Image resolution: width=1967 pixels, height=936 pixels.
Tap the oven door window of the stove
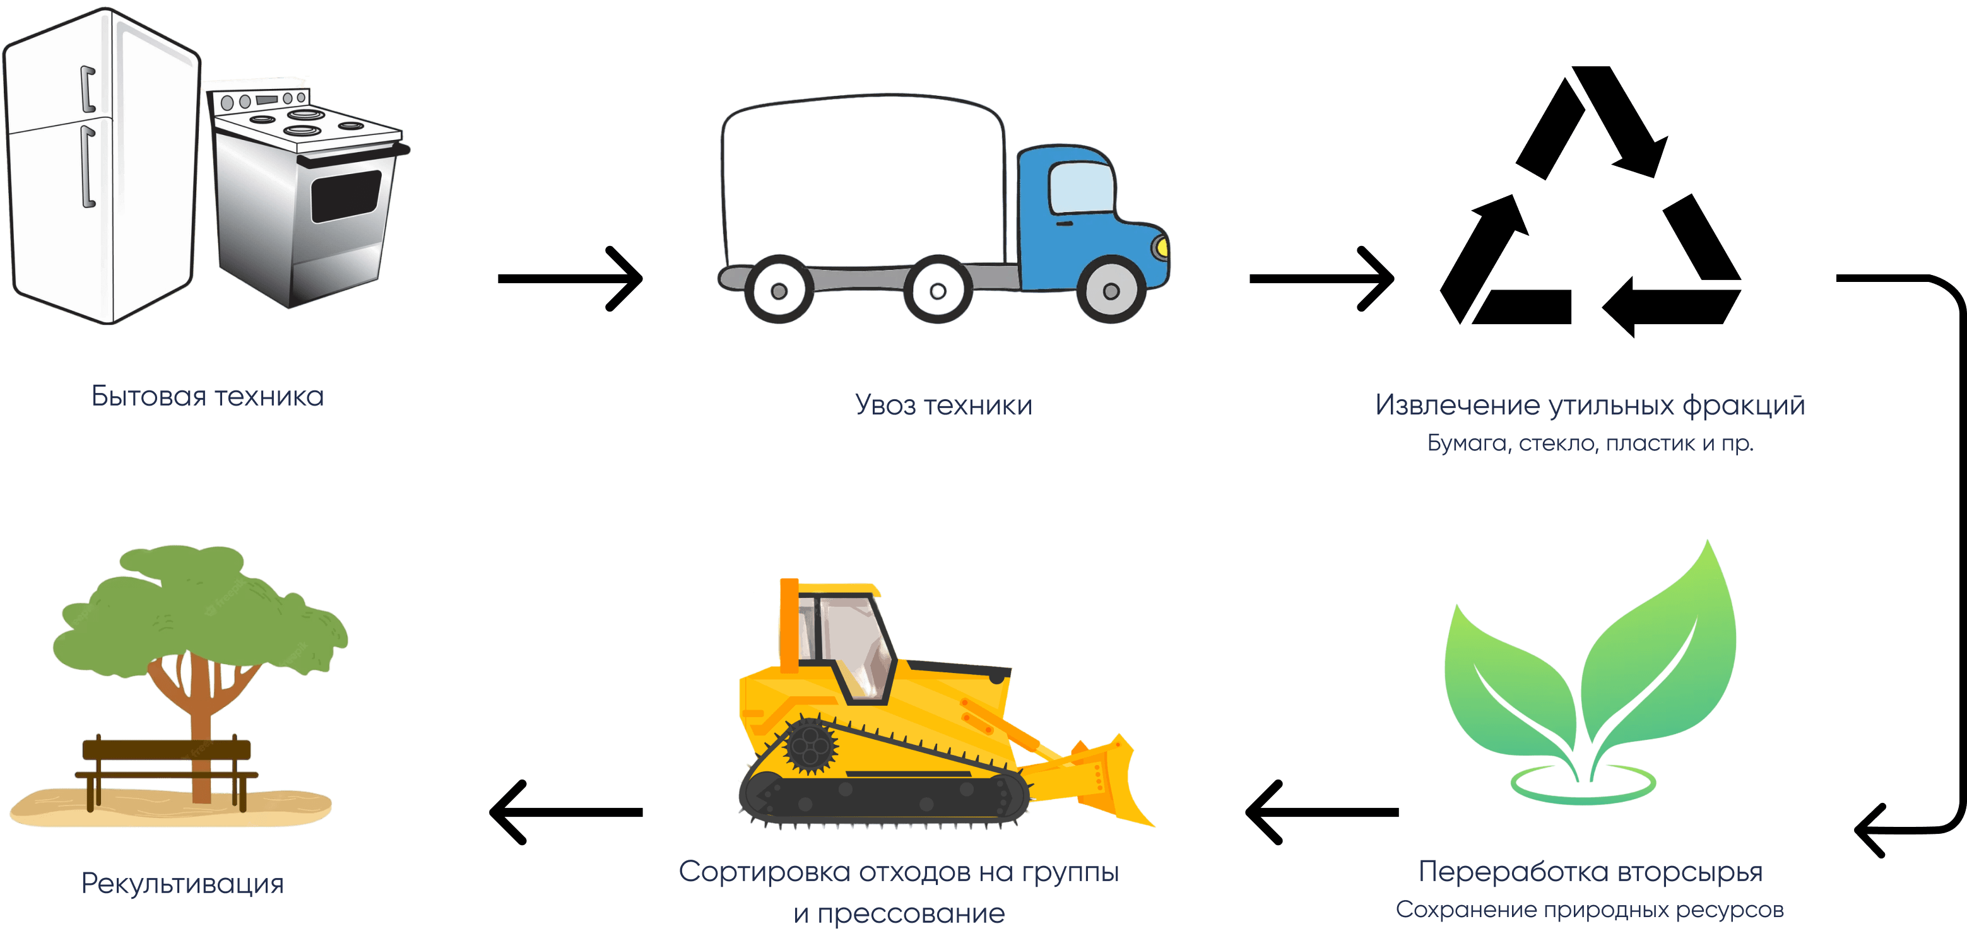(x=345, y=196)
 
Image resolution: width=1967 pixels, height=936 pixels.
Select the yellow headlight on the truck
(x=1161, y=247)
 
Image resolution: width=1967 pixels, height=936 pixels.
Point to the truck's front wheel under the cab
(x=1111, y=290)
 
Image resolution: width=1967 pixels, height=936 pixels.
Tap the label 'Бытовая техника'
(x=208, y=396)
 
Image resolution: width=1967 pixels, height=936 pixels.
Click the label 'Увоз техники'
(x=943, y=405)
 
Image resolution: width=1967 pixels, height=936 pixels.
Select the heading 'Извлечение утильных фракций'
(x=1590, y=405)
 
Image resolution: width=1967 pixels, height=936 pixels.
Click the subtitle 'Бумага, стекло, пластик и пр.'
(x=1590, y=443)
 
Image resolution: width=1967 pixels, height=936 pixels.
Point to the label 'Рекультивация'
(x=182, y=883)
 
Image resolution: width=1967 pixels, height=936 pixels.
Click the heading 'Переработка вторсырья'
(x=1590, y=871)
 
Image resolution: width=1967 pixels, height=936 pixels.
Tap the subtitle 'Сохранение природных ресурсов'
(x=1590, y=910)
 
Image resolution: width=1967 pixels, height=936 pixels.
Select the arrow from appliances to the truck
(x=570, y=278)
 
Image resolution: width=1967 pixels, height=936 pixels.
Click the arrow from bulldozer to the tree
(x=566, y=812)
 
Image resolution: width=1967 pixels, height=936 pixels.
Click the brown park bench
(x=167, y=763)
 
